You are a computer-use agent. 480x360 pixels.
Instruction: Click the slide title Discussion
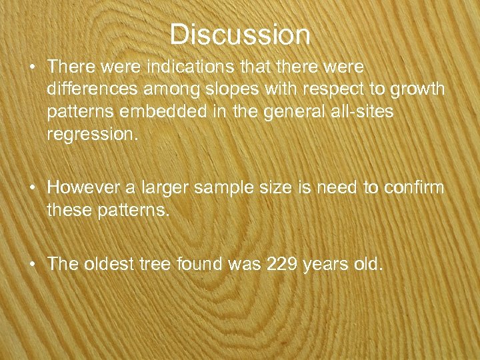[x=240, y=35]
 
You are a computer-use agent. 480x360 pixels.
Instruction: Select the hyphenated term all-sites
[x=363, y=111]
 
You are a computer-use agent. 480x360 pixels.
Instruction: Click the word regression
[x=92, y=134]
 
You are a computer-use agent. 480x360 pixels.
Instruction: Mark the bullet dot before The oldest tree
[x=32, y=265]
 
